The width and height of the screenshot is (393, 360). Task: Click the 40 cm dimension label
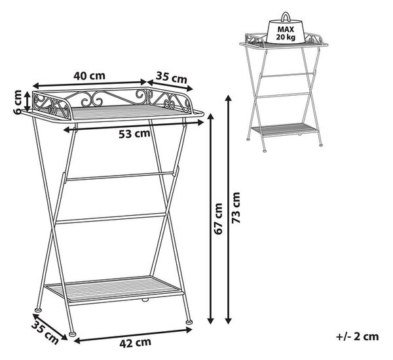(x=89, y=75)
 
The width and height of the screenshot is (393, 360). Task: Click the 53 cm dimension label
(x=134, y=134)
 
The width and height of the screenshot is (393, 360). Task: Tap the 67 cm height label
(x=219, y=219)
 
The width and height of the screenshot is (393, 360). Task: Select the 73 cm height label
(x=236, y=207)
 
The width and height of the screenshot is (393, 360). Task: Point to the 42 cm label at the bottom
(x=136, y=342)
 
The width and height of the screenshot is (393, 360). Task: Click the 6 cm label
(x=18, y=102)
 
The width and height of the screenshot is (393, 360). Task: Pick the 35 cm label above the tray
(x=172, y=77)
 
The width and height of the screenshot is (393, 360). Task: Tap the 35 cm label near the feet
(x=45, y=332)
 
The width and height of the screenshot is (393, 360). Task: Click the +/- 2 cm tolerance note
(x=357, y=336)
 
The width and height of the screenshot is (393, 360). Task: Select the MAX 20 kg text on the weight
(x=286, y=33)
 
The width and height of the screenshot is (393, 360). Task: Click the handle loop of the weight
(x=286, y=17)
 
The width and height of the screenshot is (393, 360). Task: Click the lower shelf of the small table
(x=285, y=129)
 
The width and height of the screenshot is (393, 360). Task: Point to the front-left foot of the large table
(x=73, y=333)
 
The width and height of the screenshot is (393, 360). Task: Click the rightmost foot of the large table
(x=189, y=321)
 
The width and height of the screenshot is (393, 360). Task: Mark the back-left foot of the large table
(x=38, y=310)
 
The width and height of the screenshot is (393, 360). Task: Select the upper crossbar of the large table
(x=119, y=176)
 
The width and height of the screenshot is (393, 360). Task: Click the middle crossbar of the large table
(x=110, y=218)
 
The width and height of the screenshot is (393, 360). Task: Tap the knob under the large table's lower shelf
(x=145, y=300)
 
